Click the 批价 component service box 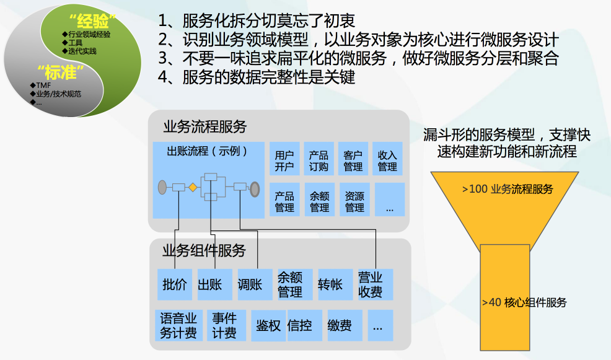(x=175, y=284)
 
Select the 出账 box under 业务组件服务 (x=214, y=284)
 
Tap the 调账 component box (x=255, y=284)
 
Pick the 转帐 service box (x=335, y=284)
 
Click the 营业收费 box (x=376, y=284)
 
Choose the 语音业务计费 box (x=178, y=325)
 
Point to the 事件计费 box (x=226, y=325)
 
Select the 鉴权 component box (x=268, y=325)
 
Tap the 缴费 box (x=345, y=325)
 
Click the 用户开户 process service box (x=284, y=159)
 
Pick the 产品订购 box (x=319, y=159)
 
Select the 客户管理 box (x=353, y=159)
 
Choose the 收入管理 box (x=387, y=159)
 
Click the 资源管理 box (x=354, y=200)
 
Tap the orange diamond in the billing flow (x=193, y=187)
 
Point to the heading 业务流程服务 (x=205, y=126)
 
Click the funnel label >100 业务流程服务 (x=508, y=189)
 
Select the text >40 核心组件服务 (x=524, y=302)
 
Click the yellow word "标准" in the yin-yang (x=60, y=72)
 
